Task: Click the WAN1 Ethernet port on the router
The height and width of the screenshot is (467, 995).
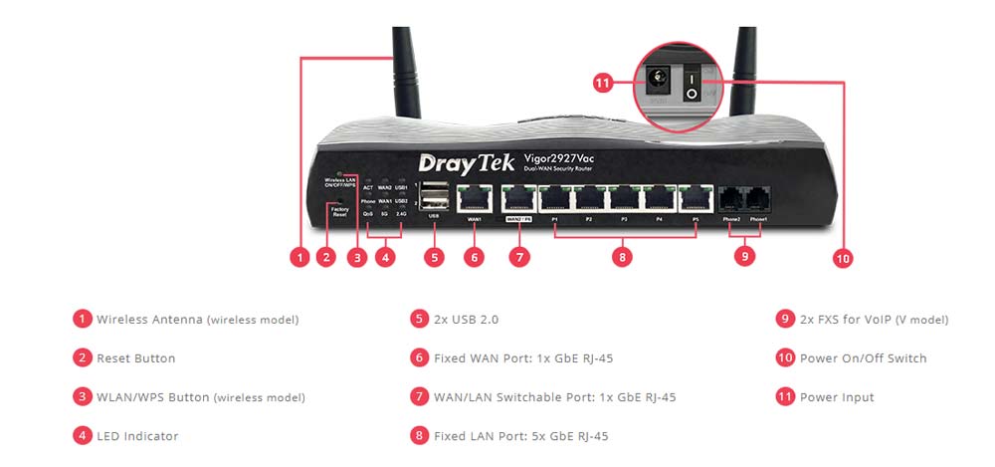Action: (x=475, y=197)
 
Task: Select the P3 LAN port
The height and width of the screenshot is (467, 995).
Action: (x=624, y=197)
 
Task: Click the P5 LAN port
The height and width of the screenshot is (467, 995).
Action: (x=696, y=197)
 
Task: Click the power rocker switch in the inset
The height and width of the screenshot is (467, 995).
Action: (x=692, y=83)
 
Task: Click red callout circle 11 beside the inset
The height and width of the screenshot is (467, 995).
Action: (x=602, y=83)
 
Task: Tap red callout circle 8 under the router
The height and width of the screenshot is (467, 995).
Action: (x=622, y=256)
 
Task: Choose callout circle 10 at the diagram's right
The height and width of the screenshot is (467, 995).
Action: (x=843, y=257)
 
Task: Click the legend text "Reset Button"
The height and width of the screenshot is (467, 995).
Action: (x=135, y=358)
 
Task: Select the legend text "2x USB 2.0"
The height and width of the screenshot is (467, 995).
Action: (x=466, y=320)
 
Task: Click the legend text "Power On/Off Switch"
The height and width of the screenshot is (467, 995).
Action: (x=863, y=358)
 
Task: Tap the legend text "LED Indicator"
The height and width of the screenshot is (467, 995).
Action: (x=137, y=436)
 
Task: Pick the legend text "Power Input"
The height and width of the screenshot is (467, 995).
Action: (x=837, y=397)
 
